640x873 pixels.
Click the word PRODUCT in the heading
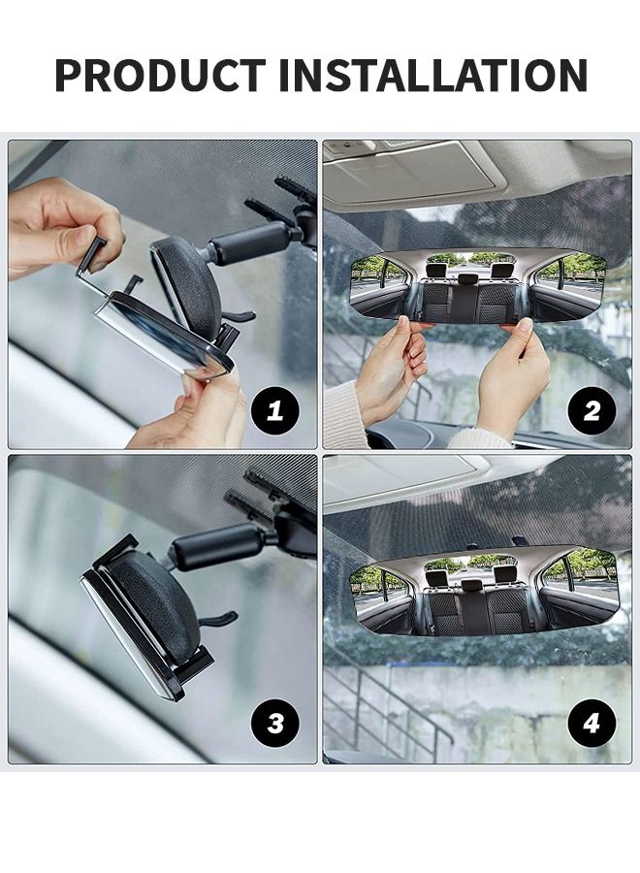tap(160, 75)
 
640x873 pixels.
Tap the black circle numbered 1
tap(275, 410)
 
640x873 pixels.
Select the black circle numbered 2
tap(592, 410)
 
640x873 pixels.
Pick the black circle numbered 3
tap(275, 723)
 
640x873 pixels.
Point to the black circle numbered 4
tap(592, 723)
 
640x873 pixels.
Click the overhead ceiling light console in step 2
tap(412, 175)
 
